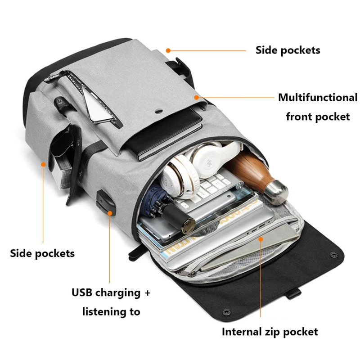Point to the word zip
(274, 332)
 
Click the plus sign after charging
(147, 293)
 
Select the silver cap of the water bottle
(275, 191)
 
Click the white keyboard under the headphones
(211, 189)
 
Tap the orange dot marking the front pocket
(197, 96)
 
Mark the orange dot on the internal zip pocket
(261, 238)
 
